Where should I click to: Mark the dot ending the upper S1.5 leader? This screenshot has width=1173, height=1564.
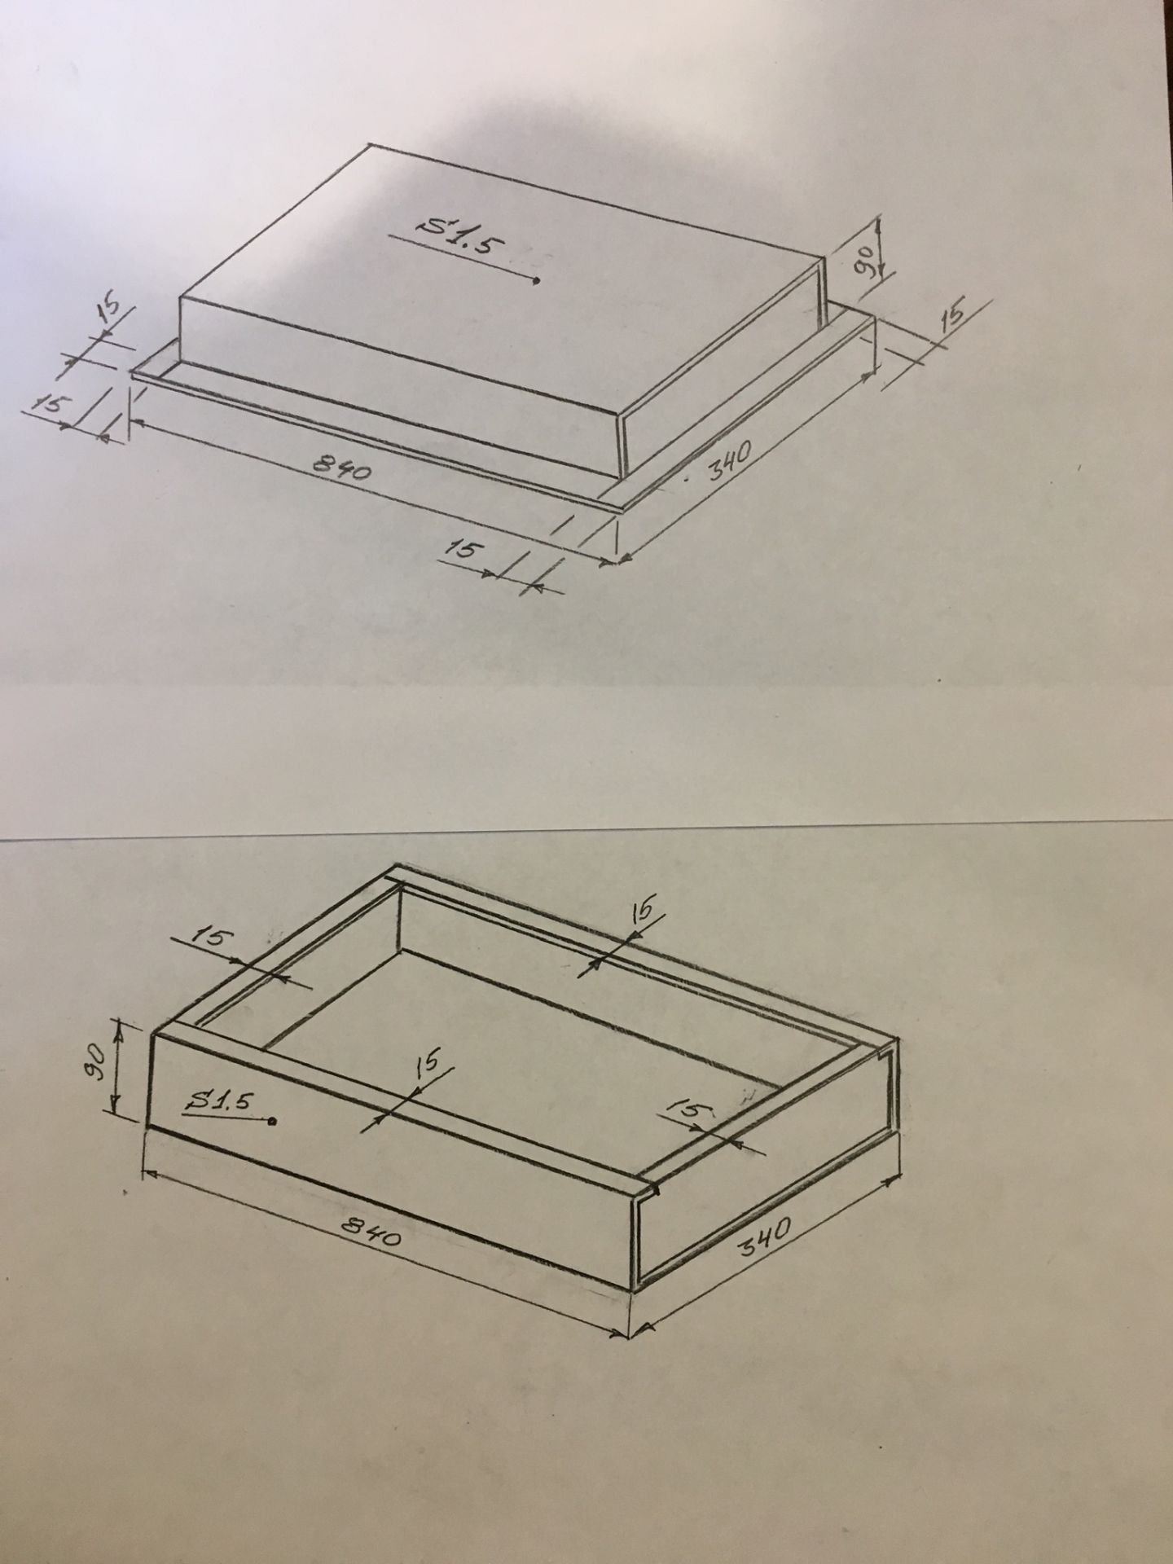[536, 281]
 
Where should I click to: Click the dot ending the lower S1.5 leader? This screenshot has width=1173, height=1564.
[272, 1122]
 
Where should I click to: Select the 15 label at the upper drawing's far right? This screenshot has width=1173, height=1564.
[952, 315]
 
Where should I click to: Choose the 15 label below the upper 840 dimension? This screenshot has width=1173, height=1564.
[461, 552]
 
